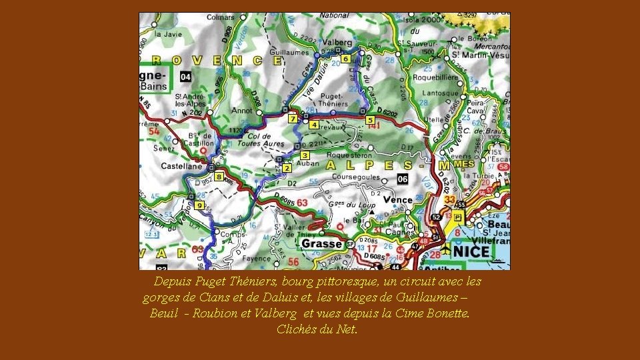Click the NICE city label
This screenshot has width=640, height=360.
[471, 251]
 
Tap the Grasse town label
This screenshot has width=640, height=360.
[322, 243]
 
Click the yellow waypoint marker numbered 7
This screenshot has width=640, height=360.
[292, 119]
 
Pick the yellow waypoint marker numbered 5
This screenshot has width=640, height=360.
[370, 120]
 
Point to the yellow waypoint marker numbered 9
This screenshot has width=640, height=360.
[199, 205]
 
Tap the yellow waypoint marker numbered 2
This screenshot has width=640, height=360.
[287, 167]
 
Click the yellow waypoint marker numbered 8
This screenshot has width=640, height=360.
[218, 177]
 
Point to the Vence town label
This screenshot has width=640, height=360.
[399, 199]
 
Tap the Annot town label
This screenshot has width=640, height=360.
[241, 111]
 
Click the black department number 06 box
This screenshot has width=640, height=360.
[403, 179]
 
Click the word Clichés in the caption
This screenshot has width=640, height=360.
[297, 329]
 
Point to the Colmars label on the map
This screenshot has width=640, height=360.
[219, 17]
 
